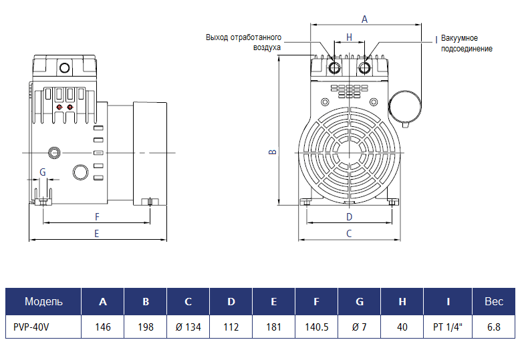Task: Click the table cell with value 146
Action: (103, 327)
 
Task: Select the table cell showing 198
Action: (146, 327)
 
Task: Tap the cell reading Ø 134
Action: (188, 327)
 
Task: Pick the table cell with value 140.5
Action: (316, 327)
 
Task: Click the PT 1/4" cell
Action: (448, 327)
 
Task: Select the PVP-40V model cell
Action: (43, 327)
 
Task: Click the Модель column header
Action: (43, 302)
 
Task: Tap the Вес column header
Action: (494, 302)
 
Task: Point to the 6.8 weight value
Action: (494, 327)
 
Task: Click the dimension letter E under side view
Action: (97, 234)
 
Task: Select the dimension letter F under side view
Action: (97, 216)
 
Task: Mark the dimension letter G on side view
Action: (42, 172)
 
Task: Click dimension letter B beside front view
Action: (272, 152)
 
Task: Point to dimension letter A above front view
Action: (364, 19)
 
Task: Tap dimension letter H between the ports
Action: (349, 37)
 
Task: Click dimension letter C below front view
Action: (349, 234)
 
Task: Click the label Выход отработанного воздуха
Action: (244, 42)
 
